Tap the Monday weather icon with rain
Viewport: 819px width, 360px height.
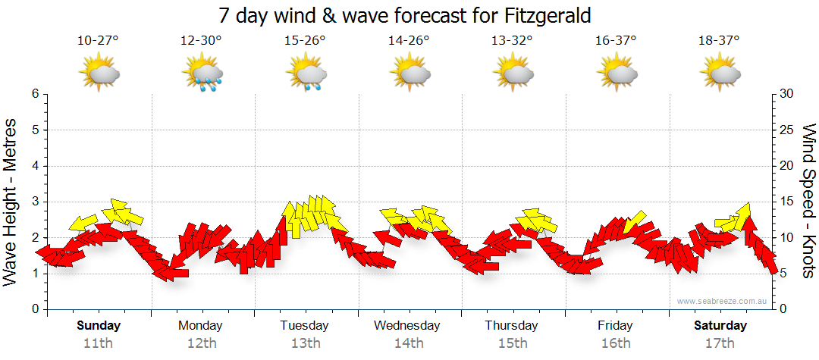pos(202,74)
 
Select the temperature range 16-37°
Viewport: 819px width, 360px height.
pos(616,41)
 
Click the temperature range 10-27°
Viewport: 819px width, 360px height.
pos(98,41)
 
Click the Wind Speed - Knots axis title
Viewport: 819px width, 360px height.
pos(808,201)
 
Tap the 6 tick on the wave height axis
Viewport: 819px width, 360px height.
pos(35,94)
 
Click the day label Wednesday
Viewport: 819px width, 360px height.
pos(407,326)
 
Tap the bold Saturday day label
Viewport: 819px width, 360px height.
pos(721,326)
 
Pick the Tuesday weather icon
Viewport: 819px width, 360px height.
pos(306,74)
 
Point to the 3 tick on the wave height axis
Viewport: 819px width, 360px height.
pos(35,202)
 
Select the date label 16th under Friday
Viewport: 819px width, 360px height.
pos(615,343)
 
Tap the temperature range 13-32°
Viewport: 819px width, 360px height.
pos(512,41)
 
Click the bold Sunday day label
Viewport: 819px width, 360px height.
pos(99,326)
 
